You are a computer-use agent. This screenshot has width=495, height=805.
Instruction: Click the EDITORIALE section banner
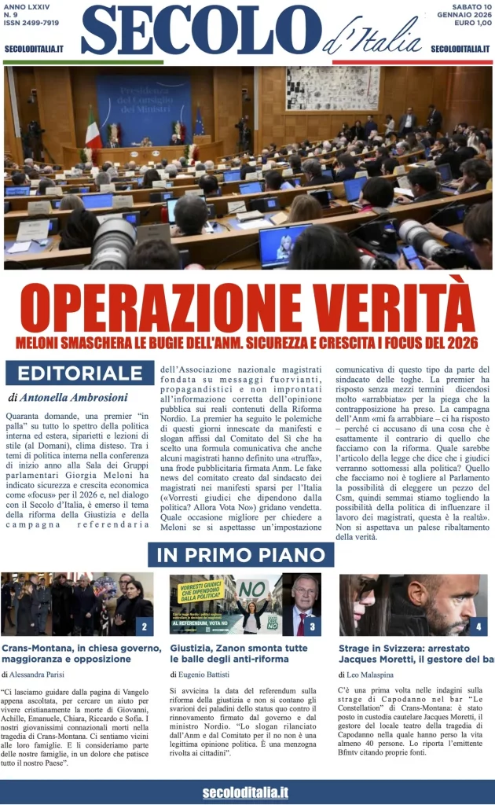point(79,373)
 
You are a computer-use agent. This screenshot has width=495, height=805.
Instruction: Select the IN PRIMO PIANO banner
point(240,554)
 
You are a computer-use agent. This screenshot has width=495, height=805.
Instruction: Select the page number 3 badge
point(312,627)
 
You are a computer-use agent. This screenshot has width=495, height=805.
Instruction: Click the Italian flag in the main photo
point(93,129)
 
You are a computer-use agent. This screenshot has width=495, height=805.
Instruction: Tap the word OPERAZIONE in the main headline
point(157,308)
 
